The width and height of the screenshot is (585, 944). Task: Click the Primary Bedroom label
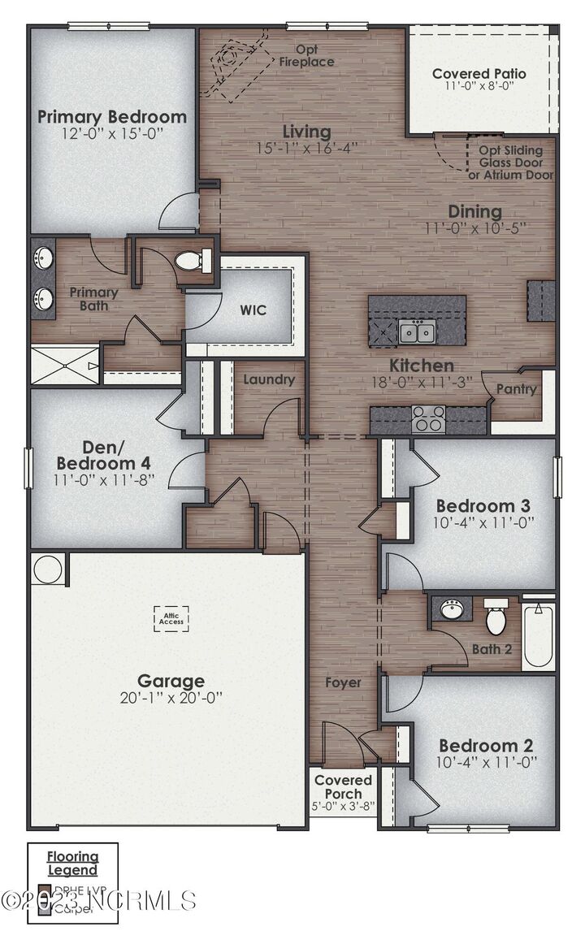(x=112, y=116)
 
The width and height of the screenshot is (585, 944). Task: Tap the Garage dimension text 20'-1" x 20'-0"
(x=171, y=698)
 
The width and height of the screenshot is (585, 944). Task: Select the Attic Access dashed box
(x=171, y=620)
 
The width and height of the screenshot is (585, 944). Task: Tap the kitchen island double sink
(x=417, y=331)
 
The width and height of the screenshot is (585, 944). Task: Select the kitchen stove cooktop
(x=428, y=420)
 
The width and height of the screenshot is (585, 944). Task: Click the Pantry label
(x=517, y=389)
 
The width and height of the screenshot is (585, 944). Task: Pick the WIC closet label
(x=253, y=310)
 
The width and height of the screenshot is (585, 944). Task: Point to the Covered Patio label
(x=479, y=74)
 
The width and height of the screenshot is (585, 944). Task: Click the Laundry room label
(x=269, y=379)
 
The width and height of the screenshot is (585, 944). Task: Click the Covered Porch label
(x=343, y=786)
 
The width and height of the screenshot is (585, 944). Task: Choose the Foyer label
(x=343, y=682)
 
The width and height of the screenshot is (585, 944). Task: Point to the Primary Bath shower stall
(x=64, y=364)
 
